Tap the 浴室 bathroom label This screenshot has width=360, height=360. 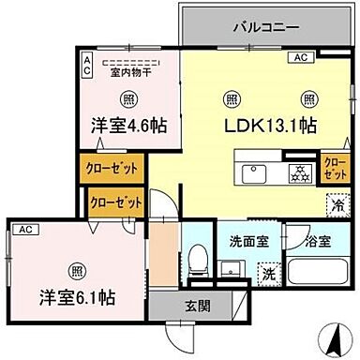[x=316, y=241]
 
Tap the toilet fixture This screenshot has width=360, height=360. [x=199, y=258]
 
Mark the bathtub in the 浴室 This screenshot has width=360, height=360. [x=316, y=274]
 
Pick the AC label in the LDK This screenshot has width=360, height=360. [x=301, y=58]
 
